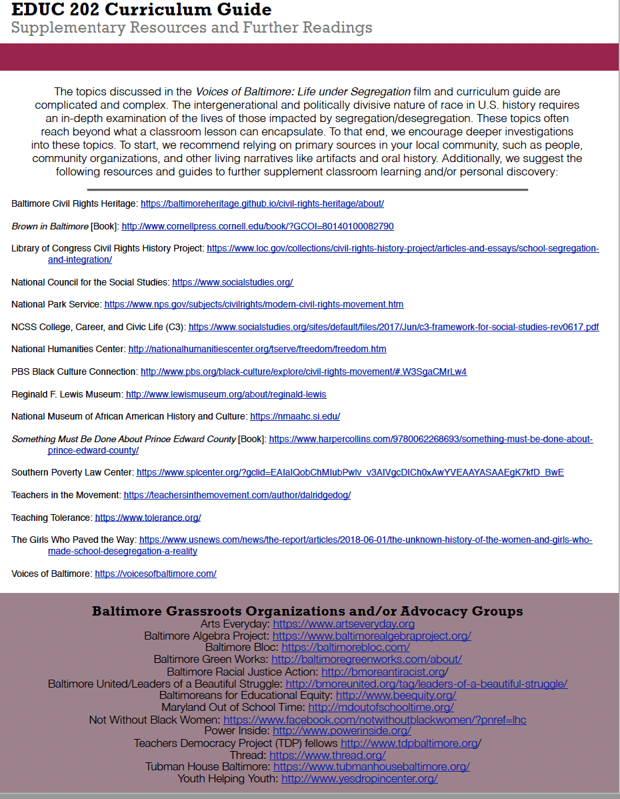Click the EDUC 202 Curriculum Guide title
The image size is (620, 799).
coord(141,10)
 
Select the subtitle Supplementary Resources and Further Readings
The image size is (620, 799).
coord(191,28)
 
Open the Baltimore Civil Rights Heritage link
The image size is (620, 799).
coord(262,203)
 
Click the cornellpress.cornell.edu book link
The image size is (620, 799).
coord(257,226)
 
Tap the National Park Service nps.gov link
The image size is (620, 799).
coord(253,304)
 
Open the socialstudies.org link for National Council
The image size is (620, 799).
coord(233,282)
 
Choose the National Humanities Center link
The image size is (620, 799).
coord(257,349)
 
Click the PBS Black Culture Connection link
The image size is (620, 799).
coord(303,371)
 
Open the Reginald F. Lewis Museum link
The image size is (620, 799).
coord(226,394)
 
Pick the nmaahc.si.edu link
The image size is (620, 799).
coord(295,416)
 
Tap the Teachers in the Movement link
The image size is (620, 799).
coord(237,495)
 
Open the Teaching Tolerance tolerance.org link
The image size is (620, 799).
coord(147,518)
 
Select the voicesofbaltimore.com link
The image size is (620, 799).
coord(155,574)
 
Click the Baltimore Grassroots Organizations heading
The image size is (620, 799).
coord(307,611)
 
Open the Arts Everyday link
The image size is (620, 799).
coord(343,624)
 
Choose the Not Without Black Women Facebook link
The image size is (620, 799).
coord(375,720)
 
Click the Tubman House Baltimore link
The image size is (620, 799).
coord(371,766)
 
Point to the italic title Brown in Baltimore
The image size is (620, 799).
coord(50,226)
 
